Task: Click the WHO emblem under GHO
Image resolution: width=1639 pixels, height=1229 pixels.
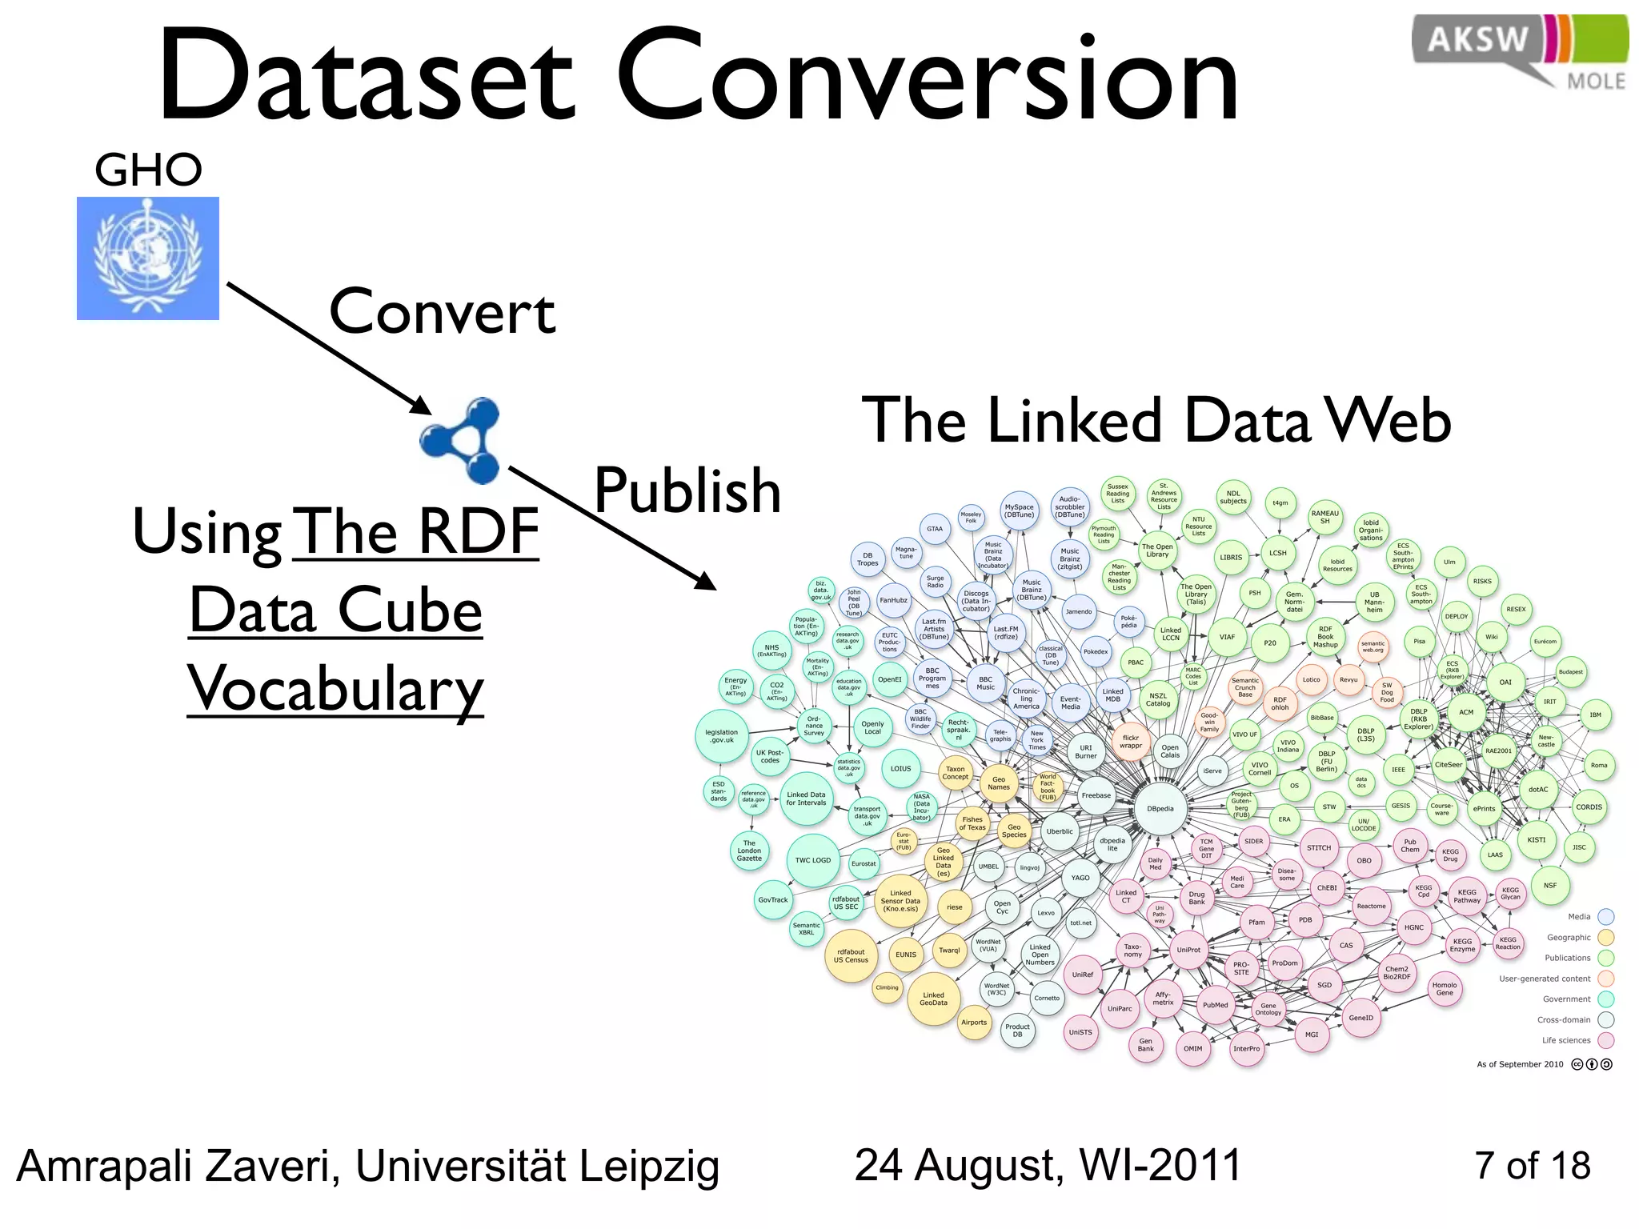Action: coord(148,258)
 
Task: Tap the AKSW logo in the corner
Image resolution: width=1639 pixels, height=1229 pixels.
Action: coord(1519,50)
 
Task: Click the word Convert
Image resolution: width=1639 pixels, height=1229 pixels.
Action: coord(442,312)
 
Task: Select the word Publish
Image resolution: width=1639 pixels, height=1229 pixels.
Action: coord(687,490)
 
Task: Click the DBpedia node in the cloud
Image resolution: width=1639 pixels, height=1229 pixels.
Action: coord(1160,809)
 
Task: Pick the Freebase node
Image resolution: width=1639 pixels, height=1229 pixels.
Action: coord(1096,795)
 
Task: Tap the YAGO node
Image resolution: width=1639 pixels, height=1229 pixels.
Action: coord(1080,878)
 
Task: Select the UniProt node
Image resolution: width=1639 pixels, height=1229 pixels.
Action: coord(1188,950)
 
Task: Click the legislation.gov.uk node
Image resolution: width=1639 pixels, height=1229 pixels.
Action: coord(721,736)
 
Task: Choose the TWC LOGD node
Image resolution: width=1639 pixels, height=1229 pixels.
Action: coord(813,860)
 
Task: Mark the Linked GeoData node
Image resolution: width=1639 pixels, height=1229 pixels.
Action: coord(933,999)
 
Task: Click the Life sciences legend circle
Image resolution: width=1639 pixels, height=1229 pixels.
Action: coord(1605,1040)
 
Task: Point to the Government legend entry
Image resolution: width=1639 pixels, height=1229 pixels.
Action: coord(1567,999)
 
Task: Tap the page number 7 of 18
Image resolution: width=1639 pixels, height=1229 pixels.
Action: coord(1532,1166)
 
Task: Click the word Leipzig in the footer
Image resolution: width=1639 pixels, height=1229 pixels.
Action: coord(649,1167)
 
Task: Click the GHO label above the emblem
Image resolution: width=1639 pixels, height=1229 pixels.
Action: coord(148,170)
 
